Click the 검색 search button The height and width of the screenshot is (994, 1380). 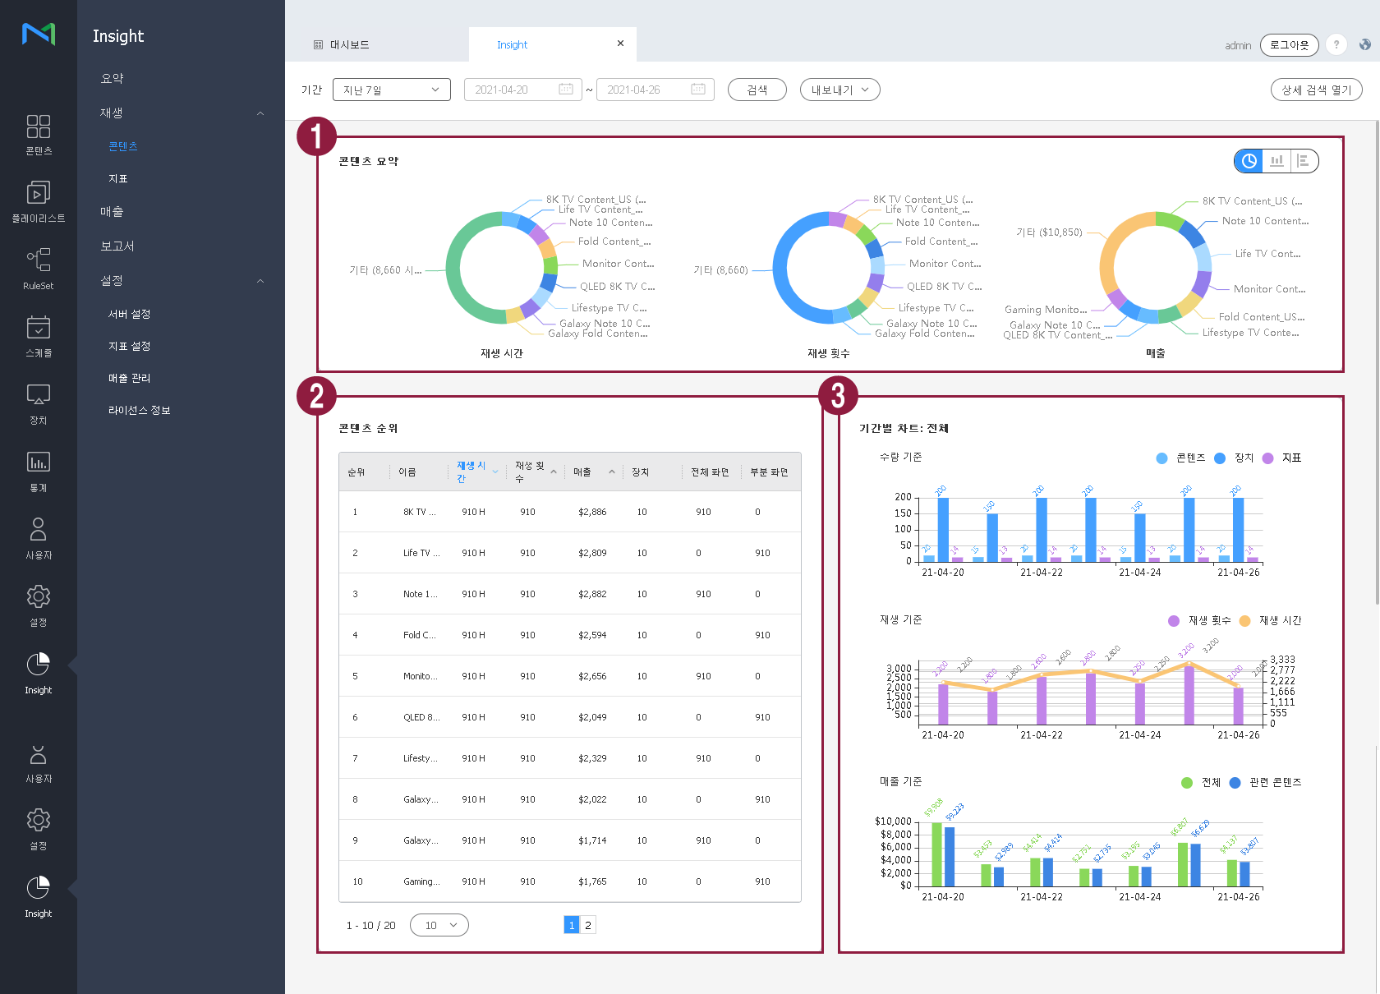757,90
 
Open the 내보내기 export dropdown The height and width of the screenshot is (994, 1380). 839,90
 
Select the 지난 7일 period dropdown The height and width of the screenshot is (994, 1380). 391,90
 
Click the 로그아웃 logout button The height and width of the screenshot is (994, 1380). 1289,45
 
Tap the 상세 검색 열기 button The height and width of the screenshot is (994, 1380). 1316,90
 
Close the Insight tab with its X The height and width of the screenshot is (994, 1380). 620,44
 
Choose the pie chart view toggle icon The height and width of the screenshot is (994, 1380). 1249,161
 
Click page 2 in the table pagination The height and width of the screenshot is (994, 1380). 587,925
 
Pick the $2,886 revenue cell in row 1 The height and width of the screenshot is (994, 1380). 592,512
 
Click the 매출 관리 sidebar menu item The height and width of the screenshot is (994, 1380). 129,378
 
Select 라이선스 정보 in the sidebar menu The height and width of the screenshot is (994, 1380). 139,410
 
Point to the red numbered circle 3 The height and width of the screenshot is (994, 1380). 838,395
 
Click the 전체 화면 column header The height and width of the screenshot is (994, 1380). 710,472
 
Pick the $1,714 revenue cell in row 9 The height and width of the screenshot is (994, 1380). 592,840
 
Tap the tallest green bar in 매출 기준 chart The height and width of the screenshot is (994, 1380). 936,853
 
